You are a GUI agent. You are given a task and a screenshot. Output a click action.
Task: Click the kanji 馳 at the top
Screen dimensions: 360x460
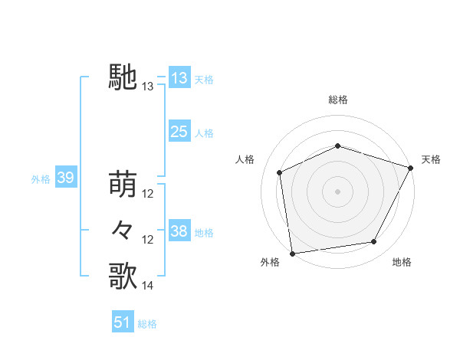(123, 77)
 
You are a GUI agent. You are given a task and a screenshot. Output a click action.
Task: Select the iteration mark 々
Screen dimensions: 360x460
(123, 230)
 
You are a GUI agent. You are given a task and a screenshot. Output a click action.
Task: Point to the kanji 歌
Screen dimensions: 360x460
(123, 276)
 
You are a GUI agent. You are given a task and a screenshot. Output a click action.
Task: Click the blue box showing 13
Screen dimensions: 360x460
(179, 78)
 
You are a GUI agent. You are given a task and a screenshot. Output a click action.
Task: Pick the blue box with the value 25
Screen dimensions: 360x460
(179, 132)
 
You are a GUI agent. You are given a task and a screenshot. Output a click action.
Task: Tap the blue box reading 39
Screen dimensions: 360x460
(65, 178)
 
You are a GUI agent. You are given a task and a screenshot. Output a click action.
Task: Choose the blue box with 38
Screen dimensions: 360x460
(179, 231)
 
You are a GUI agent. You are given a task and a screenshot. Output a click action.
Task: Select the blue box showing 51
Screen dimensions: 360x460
(123, 322)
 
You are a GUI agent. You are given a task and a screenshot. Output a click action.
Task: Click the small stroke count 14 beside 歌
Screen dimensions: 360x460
(148, 286)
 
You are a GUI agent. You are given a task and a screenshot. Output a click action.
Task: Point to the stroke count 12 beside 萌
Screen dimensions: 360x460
(148, 193)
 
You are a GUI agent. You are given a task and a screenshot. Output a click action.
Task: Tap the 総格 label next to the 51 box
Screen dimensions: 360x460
(147, 324)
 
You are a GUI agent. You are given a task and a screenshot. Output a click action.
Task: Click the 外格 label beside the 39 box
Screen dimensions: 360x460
(41, 179)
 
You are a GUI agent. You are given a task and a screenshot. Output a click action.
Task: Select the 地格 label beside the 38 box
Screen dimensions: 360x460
(204, 232)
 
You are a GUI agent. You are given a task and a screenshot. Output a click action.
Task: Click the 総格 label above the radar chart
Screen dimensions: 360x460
(337, 100)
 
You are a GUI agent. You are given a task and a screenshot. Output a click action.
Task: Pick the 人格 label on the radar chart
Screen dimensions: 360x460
(245, 159)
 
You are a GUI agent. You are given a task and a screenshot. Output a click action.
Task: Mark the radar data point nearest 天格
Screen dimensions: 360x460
(412, 167)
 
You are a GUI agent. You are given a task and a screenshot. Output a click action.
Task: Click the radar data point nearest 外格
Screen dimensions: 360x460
(292, 253)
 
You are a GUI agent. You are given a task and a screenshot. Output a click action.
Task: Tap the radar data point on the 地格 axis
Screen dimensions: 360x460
(374, 242)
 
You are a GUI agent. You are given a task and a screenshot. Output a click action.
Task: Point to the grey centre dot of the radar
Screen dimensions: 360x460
(337, 191)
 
